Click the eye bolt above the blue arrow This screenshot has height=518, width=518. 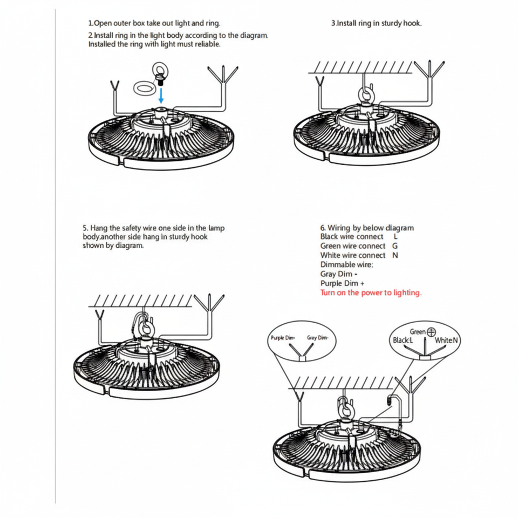point(160,72)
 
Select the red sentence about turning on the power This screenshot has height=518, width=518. point(371,292)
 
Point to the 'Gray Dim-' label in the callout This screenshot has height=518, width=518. point(318,338)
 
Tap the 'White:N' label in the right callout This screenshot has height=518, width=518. point(447,340)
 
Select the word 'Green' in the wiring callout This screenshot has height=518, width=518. point(418,332)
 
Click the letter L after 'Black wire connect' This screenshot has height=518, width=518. point(396,236)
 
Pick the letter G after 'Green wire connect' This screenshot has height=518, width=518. point(396,246)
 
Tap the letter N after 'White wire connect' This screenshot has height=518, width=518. point(395,255)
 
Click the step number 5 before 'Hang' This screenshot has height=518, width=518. point(85,228)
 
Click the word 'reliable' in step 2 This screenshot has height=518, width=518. point(207,44)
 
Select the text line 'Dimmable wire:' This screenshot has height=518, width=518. point(346,264)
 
